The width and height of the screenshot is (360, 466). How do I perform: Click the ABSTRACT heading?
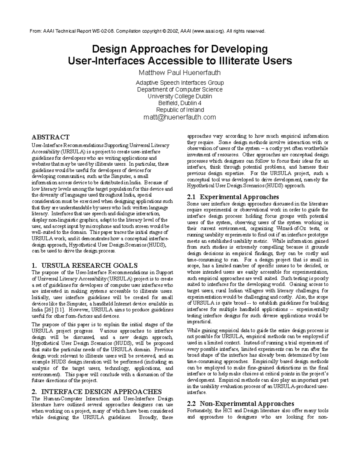click(x=50, y=137)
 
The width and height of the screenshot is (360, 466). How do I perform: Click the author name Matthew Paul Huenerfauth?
click(x=180, y=73)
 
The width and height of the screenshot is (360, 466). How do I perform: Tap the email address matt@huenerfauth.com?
click(x=180, y=117)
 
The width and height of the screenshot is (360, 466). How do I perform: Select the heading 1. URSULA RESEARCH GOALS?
click(x=85, y=265)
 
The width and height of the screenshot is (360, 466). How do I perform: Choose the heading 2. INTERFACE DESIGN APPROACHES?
click(x=97, y=392)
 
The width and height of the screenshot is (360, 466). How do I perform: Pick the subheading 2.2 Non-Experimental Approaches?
click(x=240, y=404)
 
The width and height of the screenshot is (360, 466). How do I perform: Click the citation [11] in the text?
click(x=63, y=310)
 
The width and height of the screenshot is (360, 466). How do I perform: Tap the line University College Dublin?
click(x=180, y=96)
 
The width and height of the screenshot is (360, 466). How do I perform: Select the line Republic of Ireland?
click(x=180, y=110)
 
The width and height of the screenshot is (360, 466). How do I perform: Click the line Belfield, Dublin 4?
click(x=180, y=103)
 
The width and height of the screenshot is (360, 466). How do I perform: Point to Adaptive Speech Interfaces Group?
click(x=180, y=83)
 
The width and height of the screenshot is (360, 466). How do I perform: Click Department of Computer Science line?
click(x=180, y=89)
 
